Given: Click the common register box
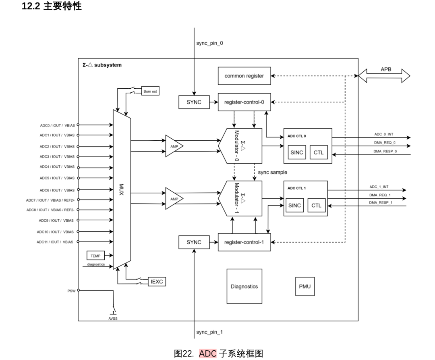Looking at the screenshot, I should pos(244,76).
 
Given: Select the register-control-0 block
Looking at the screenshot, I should pos(244,102).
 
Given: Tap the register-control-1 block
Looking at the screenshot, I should pos(244,242).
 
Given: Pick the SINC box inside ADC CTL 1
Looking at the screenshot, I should pos(294,205).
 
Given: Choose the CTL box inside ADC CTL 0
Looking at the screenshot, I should pos(319,152).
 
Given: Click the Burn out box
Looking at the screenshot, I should pos(151,91).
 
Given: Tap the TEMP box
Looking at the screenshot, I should pos(95,256).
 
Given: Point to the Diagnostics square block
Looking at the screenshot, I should pos(244,286).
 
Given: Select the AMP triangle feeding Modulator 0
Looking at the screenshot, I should pos(173,146).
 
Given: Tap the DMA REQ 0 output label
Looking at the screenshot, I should pos(385,142).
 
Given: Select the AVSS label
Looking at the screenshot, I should pos(113,318).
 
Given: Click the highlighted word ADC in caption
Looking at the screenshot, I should pos(208,354).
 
